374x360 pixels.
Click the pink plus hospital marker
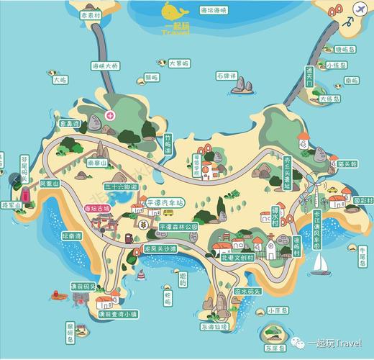tap(110, 115)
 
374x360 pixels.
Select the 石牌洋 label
tap(228, 74)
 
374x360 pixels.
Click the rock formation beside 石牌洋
tap(242, 86)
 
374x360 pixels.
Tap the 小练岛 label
tap(336, 65)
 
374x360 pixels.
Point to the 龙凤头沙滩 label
tap(160, 248)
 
